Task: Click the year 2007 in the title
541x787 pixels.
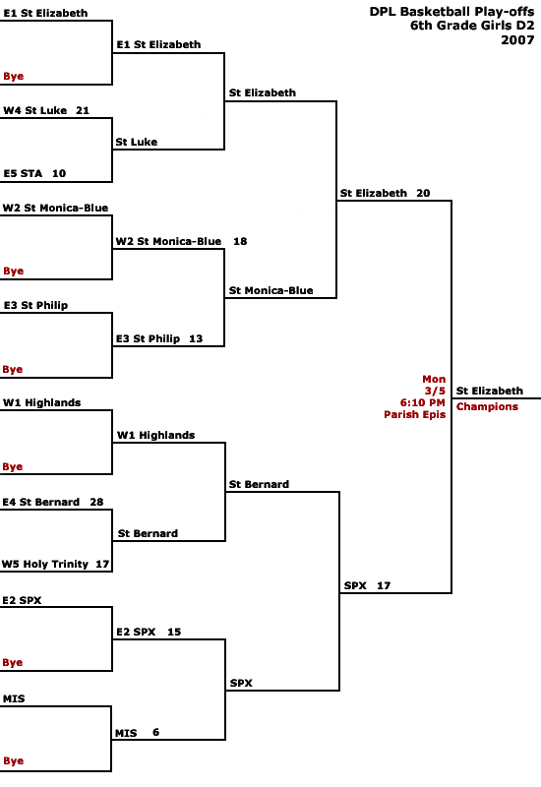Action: tap(517, 40)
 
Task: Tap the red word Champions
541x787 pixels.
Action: tap(487, 406)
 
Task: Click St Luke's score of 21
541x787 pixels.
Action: tap(83, 110)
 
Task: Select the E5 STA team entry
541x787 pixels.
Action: tap(23, 174)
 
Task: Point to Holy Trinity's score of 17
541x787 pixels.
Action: tap(102, 564)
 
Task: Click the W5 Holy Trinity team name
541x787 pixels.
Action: tap(45, 564)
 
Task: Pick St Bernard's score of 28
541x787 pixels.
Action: tap(96, 502)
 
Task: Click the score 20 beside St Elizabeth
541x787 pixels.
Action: tap(423, 193)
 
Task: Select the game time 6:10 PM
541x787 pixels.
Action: tap(423, 402)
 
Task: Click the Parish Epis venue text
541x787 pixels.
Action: tap(414, 414)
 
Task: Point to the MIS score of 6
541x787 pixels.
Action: tap(156, 732)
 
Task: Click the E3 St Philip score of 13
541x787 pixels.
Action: tap(196, 338)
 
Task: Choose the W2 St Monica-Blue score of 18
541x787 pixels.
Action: tap(240, 241)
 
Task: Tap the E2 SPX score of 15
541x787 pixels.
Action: tap(174, 632)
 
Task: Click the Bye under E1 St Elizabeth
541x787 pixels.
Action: tap(13, 77)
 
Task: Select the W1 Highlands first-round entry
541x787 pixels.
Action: tap(41, 402)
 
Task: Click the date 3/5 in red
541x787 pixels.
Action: tap(435, 391)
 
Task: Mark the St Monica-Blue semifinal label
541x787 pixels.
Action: tap(271, 290)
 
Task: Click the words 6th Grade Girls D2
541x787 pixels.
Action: tap(472, 26)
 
